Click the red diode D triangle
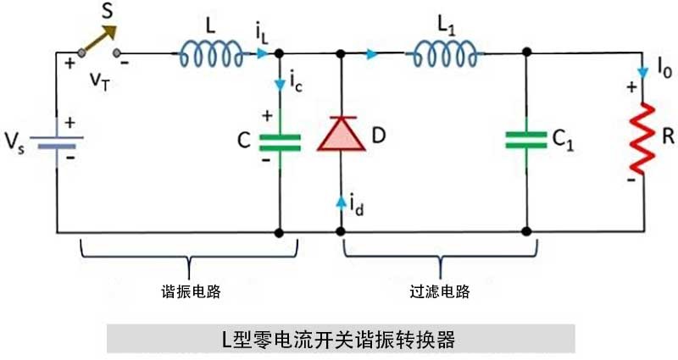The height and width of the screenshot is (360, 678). click(x=341, y=136)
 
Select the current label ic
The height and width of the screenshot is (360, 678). click(x=294, y=85)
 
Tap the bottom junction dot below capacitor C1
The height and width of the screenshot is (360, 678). click(x=526, y=231)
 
